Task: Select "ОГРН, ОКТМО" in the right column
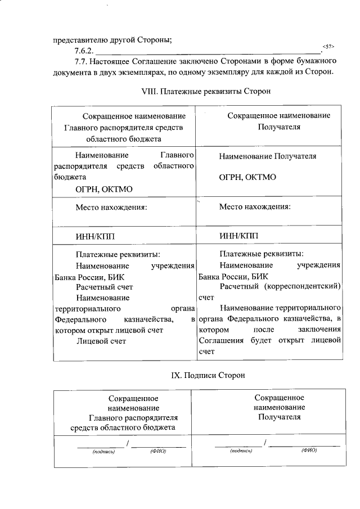coord(247,177)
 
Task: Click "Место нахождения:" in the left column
coord(111,207)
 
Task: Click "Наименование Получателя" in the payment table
coord(268,156)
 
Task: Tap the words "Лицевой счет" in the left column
coord(101,341)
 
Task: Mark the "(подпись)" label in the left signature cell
coord(103,451)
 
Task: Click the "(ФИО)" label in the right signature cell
coord(309,451)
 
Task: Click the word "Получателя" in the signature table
coord(280,417)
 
